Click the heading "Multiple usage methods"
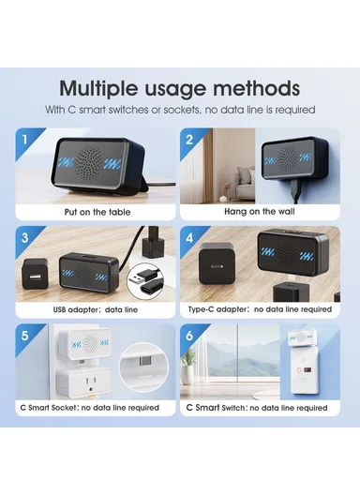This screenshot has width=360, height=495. (179, 89)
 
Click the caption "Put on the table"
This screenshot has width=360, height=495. (97, 212)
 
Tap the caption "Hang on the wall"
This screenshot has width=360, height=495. (260, 211)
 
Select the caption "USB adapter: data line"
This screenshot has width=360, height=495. (96, 309)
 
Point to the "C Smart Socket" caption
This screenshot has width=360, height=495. (49, 408)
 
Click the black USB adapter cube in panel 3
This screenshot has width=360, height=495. (35, 274)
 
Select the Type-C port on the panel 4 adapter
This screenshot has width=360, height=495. (217, 266)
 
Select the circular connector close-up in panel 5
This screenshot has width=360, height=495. (143, 367)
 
